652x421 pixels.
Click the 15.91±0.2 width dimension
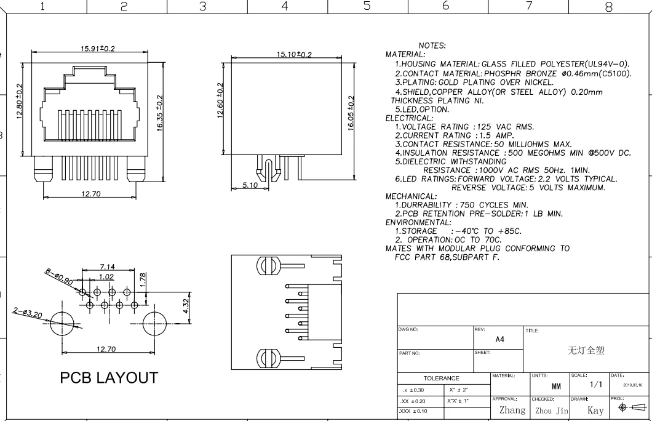[98, 48]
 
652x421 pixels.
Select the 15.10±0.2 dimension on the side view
[294, 54]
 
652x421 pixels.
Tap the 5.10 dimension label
[250, 185]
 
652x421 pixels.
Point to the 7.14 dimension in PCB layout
[107, 267]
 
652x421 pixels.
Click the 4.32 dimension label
[186, 306]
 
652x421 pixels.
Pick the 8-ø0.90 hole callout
[58, 277]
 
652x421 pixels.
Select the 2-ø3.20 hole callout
[28, 313]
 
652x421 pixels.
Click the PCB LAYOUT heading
[109, 378]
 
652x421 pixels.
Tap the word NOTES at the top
[432, 46]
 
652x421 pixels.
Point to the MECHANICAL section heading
[411, 196]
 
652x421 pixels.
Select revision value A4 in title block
[500, 340]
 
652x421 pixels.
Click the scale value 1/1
[596, 385]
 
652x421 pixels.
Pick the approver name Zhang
[512, 410]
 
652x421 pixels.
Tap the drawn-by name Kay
[595, 411]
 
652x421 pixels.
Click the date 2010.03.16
[632, 385]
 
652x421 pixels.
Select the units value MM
[556, 387]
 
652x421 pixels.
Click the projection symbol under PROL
[632, 407]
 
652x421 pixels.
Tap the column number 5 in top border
[367, 6]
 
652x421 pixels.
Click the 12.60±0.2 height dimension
[220, 100]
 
